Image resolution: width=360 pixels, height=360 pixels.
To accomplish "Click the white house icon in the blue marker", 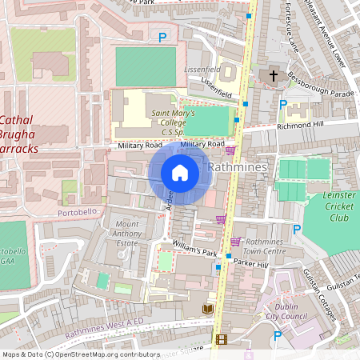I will pos(180,173).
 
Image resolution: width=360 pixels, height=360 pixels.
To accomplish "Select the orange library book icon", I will pos(207,309).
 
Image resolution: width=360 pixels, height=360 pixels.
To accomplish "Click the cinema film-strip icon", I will pos(220,339).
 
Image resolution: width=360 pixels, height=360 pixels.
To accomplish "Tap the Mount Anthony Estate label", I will pos(132,233).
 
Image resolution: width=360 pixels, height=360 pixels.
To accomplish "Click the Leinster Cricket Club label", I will pos(328,209).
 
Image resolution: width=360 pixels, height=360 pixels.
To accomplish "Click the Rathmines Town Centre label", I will pos(265,246).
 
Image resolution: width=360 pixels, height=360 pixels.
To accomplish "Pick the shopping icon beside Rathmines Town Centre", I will pos(235,242).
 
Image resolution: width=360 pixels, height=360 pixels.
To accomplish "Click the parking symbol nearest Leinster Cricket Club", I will pos(297,230).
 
